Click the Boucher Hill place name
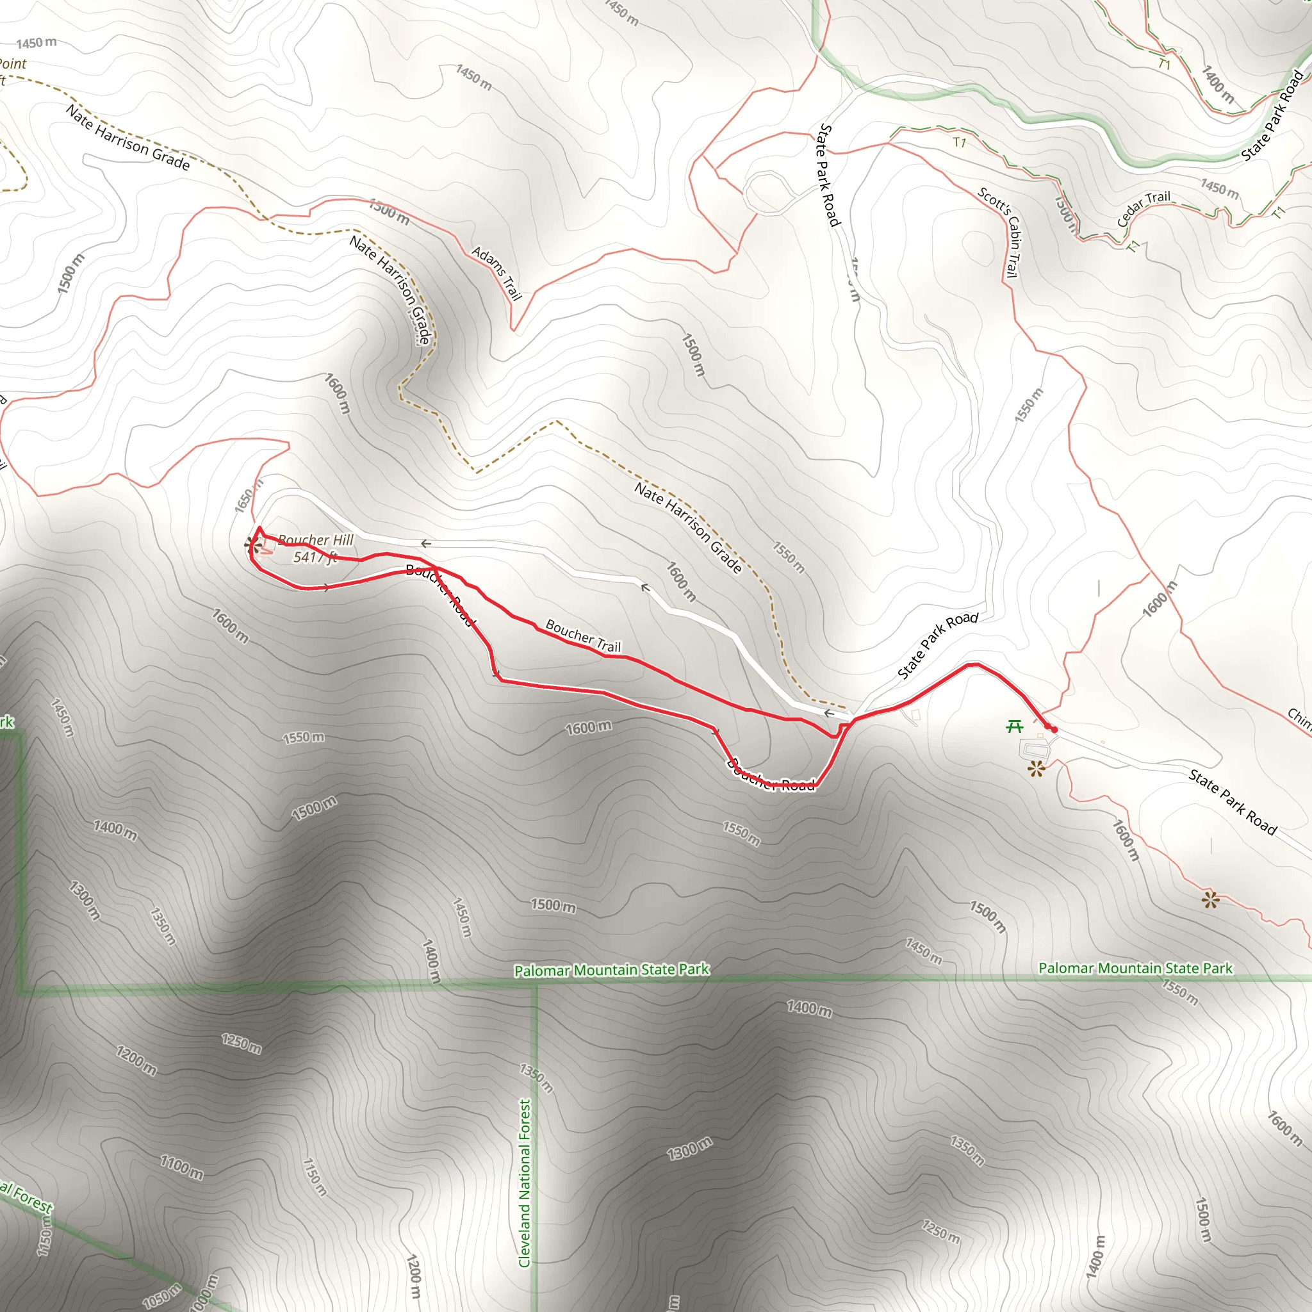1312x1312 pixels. click(316, 540)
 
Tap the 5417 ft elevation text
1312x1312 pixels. click(315, 557)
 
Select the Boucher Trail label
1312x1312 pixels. click(584, 636)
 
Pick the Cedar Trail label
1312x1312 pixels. click(1144, 208)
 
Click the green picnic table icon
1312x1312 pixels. click(1015, 726)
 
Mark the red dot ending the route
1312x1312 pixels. click(1054, 730)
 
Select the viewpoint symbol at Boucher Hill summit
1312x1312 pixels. click(253, 543)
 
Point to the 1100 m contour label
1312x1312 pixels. click(181, 1167)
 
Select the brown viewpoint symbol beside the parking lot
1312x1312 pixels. click(1036, 769)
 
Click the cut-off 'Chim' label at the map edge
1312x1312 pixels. click(1299, 719)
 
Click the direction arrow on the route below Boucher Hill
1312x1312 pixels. click(327, 588)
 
